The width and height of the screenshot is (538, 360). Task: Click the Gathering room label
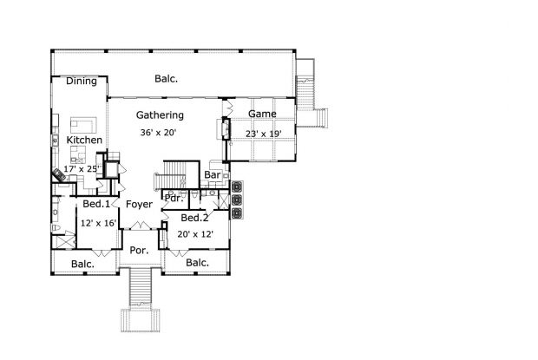(160, 115)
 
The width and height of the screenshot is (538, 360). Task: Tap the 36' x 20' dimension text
(158, 133)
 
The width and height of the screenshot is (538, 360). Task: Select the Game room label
(262, 114)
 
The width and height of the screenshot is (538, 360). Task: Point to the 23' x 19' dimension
(264, 134)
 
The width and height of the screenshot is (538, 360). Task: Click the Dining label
(82, 82)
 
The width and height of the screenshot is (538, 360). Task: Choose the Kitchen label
(84, 140)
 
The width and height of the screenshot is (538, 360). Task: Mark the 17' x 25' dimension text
(82, 169)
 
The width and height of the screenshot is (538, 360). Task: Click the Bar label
(213, 175)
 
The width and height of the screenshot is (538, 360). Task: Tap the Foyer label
(139, 205)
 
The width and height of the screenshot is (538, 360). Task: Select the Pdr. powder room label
(174, 198)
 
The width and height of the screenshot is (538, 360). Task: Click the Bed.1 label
(96, 204)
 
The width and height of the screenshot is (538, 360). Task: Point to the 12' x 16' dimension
(98, 224)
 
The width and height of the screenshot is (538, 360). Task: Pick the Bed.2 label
(194, 218)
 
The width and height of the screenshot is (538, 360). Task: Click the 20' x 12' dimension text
(195, 234)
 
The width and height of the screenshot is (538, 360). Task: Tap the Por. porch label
(139, 251)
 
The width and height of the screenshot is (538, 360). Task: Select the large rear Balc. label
(166, 79)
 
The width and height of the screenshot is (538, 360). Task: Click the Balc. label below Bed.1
(82, 265)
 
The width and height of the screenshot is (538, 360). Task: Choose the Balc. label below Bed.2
(197, 263)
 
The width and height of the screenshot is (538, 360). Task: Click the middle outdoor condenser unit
(237, 200)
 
